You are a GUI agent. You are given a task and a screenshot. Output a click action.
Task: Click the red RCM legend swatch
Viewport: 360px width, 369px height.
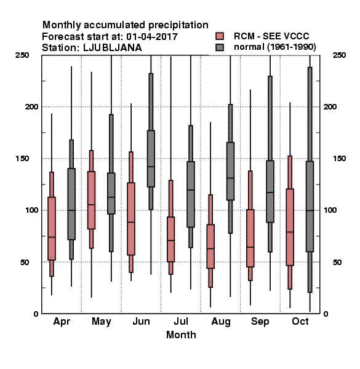[220, 36]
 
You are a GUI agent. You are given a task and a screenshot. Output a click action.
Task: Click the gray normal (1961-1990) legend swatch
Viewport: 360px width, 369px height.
[220, 47]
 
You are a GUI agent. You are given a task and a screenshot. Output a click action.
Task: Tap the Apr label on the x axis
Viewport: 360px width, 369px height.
[62, 322]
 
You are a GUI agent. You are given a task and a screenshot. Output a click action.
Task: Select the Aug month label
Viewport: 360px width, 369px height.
[221, 322]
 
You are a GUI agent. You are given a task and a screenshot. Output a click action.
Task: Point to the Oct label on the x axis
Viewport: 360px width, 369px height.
[300, 321]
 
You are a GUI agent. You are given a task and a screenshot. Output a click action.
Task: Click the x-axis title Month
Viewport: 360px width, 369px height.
[181, 335]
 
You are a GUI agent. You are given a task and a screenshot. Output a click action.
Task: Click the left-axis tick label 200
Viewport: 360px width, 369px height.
[31, 106]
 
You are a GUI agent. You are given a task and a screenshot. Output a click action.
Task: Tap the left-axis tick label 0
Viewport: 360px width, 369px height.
[36, 314]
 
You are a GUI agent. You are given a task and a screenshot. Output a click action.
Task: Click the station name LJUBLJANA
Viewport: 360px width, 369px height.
[113, 48]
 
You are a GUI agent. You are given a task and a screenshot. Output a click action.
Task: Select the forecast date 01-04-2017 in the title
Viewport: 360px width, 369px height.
[152, 37]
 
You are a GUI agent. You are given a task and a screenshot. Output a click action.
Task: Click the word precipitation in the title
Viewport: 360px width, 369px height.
[178, 25]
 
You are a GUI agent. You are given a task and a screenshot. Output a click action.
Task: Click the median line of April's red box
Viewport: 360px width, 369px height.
[52, 237]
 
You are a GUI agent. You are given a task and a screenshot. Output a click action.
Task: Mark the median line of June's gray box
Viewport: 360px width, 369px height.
[151, 167]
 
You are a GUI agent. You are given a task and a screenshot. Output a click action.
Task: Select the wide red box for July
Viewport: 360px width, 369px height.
[170, 239]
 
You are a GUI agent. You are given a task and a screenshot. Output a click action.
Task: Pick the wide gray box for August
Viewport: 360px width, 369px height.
[230, 172]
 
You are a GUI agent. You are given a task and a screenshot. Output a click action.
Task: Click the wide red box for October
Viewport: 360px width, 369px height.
[290, 227]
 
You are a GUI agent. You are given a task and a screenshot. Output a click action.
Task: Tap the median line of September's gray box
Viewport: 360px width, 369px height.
[270, 192]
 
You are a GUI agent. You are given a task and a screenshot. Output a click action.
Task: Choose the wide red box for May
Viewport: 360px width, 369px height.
[91, 200]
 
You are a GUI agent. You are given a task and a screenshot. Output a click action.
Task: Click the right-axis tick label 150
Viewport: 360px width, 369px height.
[339, 159]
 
